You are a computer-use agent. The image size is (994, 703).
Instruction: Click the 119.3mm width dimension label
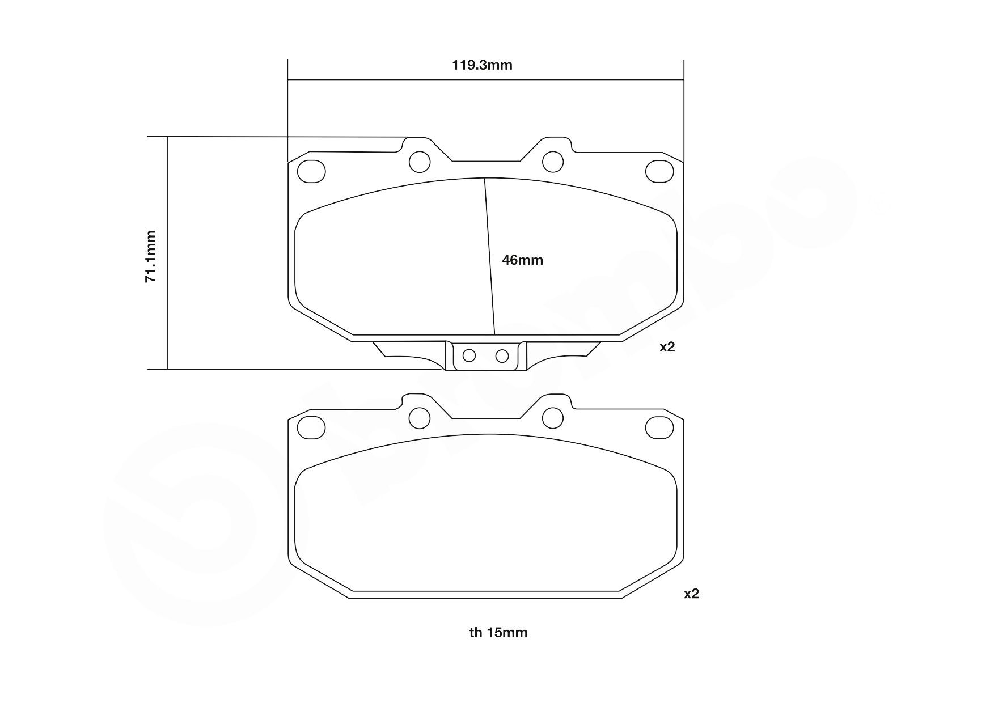[482, 65]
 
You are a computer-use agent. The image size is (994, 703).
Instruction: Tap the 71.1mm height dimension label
[150, 256]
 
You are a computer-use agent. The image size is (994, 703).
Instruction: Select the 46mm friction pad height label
[522, 260]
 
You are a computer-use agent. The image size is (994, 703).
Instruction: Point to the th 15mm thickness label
[498, 633]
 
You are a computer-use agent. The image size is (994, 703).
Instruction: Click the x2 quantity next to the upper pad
[667, 347]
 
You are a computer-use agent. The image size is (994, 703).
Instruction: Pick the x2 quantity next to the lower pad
[691, 594]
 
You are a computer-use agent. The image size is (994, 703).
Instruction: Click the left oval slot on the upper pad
[312, 171]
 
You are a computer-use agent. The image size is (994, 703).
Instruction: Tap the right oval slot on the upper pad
[660, 171]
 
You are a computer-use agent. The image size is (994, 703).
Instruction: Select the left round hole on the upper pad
[420, 162]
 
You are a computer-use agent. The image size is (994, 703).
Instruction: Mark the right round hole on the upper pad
[553, 162]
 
